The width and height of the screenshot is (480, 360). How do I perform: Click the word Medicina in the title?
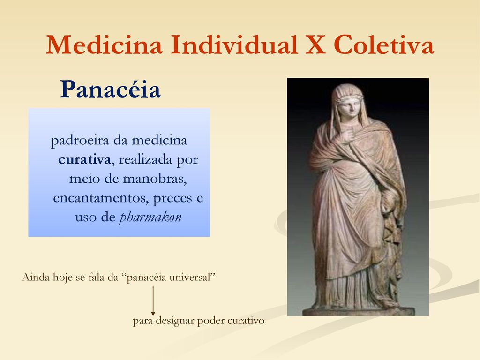[104, 45]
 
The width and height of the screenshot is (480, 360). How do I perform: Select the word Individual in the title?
[234, 45]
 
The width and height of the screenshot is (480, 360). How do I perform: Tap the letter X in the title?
[315, 45]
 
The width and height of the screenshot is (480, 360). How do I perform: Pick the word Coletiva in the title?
[384, 45]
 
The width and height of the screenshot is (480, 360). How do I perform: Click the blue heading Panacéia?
[110, 89]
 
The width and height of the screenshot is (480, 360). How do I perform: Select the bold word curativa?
[84, 159]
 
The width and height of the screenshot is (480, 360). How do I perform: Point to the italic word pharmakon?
[150, 217]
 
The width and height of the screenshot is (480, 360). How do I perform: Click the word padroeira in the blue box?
[80, 141]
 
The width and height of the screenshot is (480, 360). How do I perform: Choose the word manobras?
[155, 179]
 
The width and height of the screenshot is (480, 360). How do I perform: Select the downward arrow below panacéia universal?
[153, 300]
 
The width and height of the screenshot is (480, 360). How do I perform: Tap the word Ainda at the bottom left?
[36, 277]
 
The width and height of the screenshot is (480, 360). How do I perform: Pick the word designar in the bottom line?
[175, 321]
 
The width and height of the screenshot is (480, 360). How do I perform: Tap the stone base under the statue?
[358, 312]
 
